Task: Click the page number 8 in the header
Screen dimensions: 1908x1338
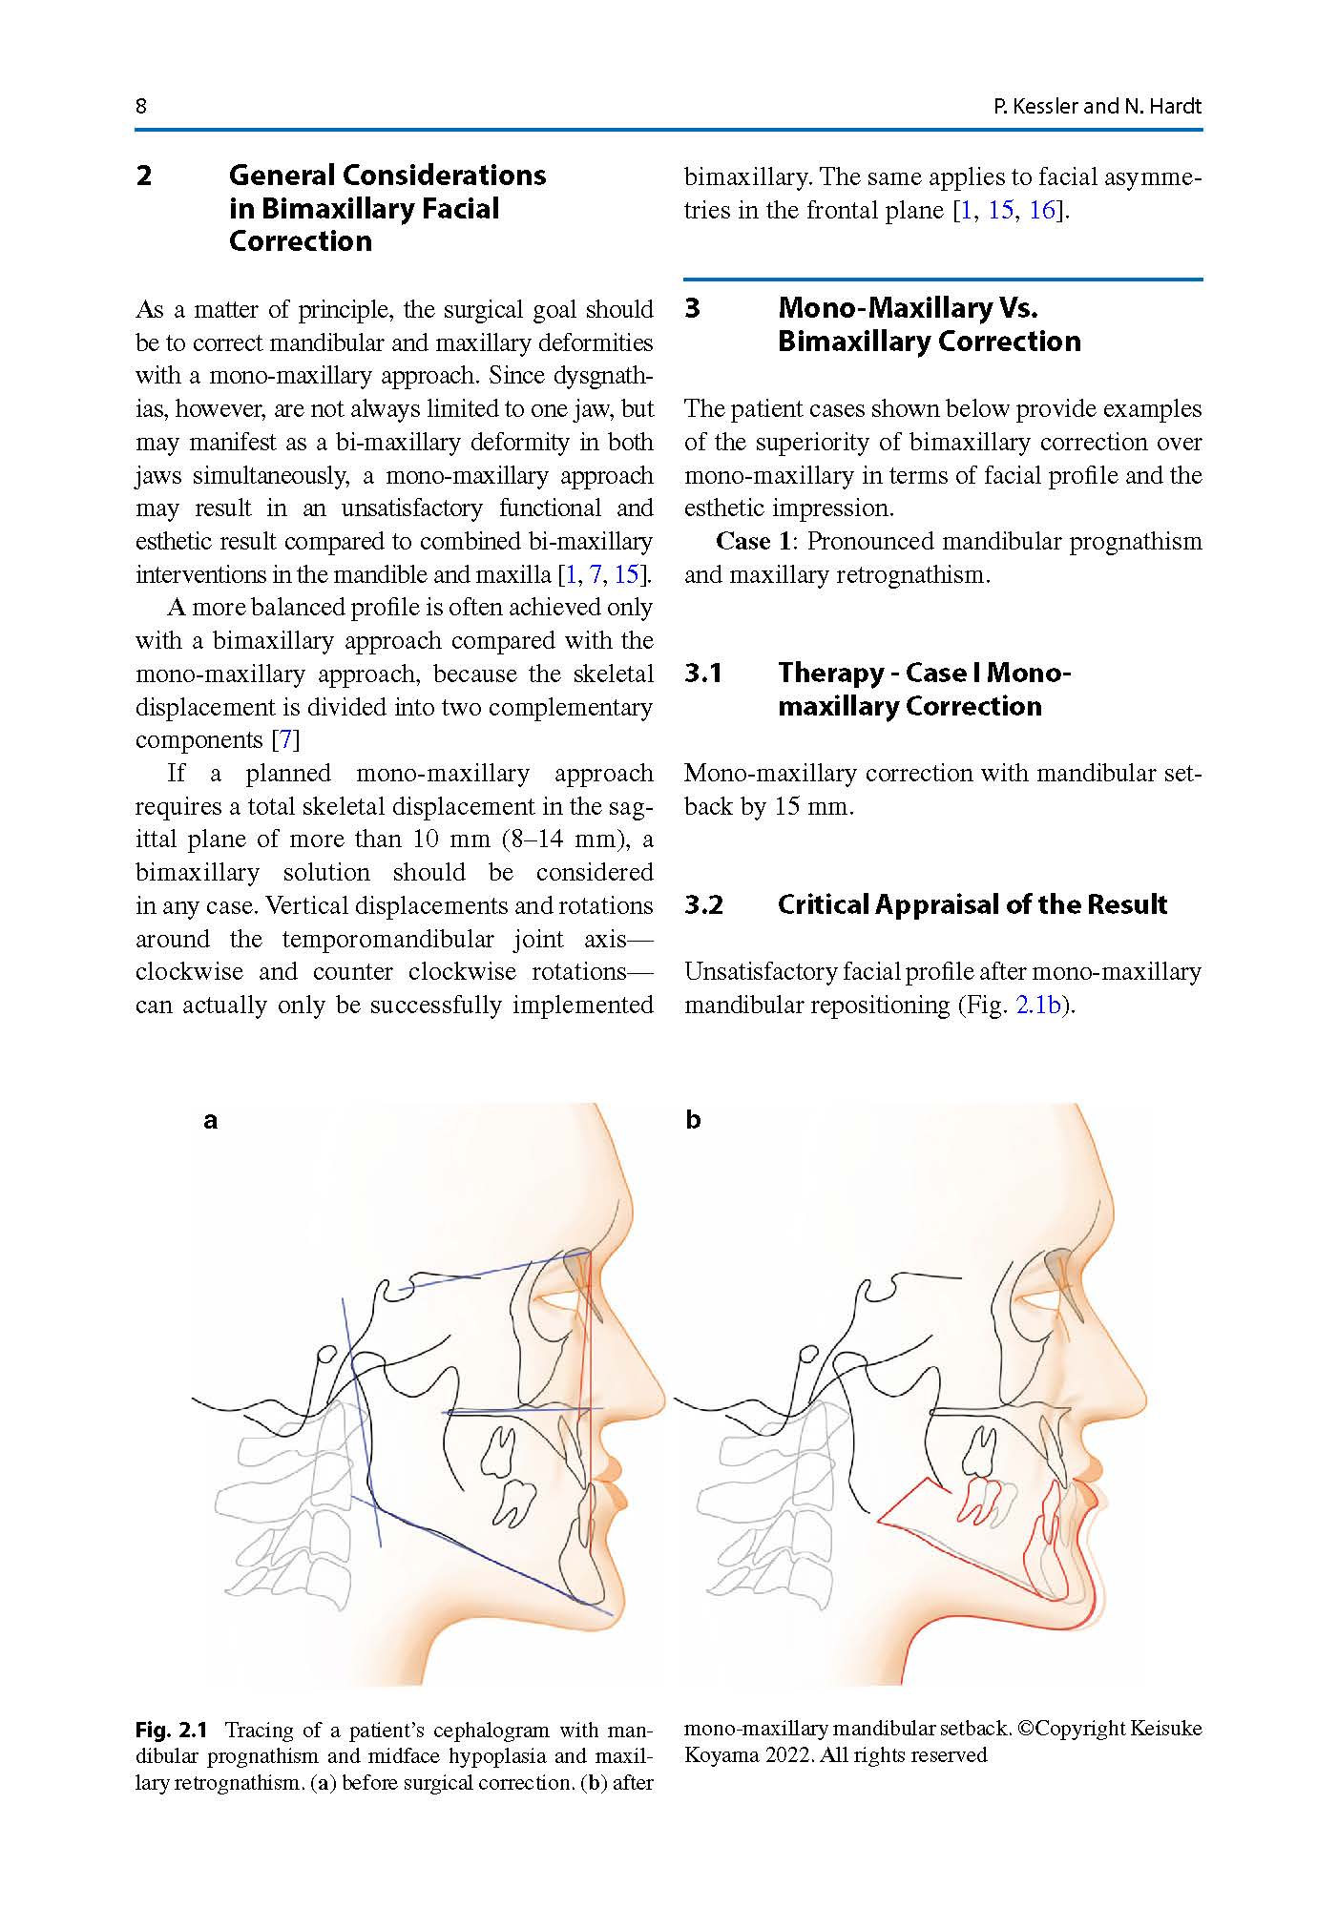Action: [141, 106]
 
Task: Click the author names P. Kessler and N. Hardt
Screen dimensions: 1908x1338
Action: [1097, 106]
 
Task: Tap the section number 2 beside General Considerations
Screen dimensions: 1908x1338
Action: [144, 176]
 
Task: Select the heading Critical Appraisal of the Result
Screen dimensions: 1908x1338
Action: [972, 904]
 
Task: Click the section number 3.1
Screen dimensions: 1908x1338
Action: [702, 673]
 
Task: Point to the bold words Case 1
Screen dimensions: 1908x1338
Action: [753, 541]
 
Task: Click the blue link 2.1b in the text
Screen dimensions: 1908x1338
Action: [1037, 1005]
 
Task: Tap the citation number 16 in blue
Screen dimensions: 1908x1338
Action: [1042, 210]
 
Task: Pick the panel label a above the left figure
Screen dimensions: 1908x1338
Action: [210, 1120]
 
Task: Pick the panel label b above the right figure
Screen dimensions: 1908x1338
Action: [693, 1120]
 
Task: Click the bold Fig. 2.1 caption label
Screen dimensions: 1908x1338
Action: [171, 1730]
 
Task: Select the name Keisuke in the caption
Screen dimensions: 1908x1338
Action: [1166, 1728]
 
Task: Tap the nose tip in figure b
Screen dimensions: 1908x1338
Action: [1143, 1403]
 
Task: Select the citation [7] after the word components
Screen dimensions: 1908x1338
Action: [286, 739]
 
